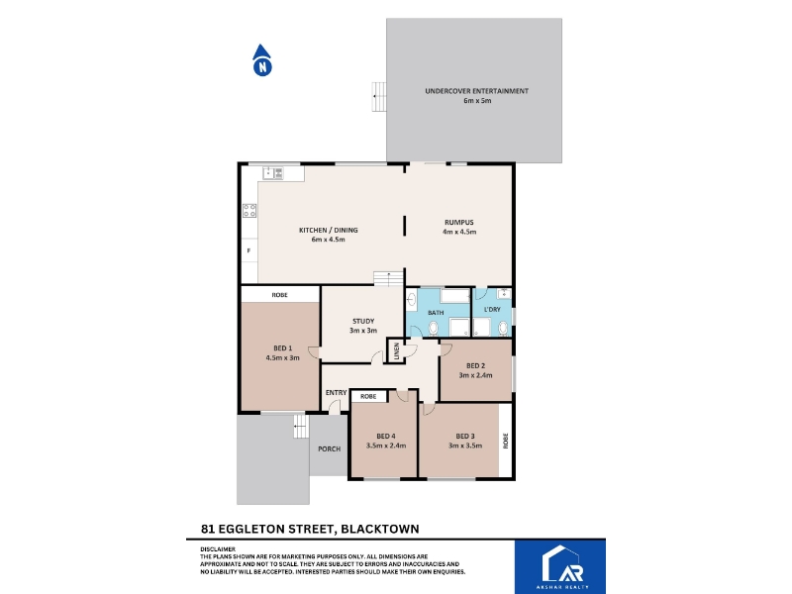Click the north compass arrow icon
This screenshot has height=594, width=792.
point(262,60)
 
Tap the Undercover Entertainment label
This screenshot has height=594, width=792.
point(477,95)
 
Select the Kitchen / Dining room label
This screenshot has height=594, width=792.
point(329,235)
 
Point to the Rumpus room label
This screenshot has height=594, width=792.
point(459,227)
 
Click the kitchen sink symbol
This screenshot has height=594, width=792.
point(273,173)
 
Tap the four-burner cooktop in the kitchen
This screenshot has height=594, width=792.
point(249,211)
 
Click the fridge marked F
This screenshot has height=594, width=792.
point(249,250)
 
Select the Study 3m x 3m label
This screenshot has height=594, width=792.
point(363,326)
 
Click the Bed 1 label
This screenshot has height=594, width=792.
point(283,352)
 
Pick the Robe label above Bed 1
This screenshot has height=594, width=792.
point(280,295)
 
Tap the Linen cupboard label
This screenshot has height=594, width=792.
point(397,351)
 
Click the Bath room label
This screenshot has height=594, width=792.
point(436,313)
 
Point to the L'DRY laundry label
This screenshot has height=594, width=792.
point(492,309)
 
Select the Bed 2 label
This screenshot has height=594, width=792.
point(476,370)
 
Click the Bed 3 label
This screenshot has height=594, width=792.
point(465,441)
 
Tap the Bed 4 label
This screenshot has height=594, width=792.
point(386,441)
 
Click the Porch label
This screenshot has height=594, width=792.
point(330,448)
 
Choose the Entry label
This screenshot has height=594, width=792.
point(336,392)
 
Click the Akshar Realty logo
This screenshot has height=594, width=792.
point(560,567)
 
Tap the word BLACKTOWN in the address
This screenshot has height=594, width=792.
point(380,529)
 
